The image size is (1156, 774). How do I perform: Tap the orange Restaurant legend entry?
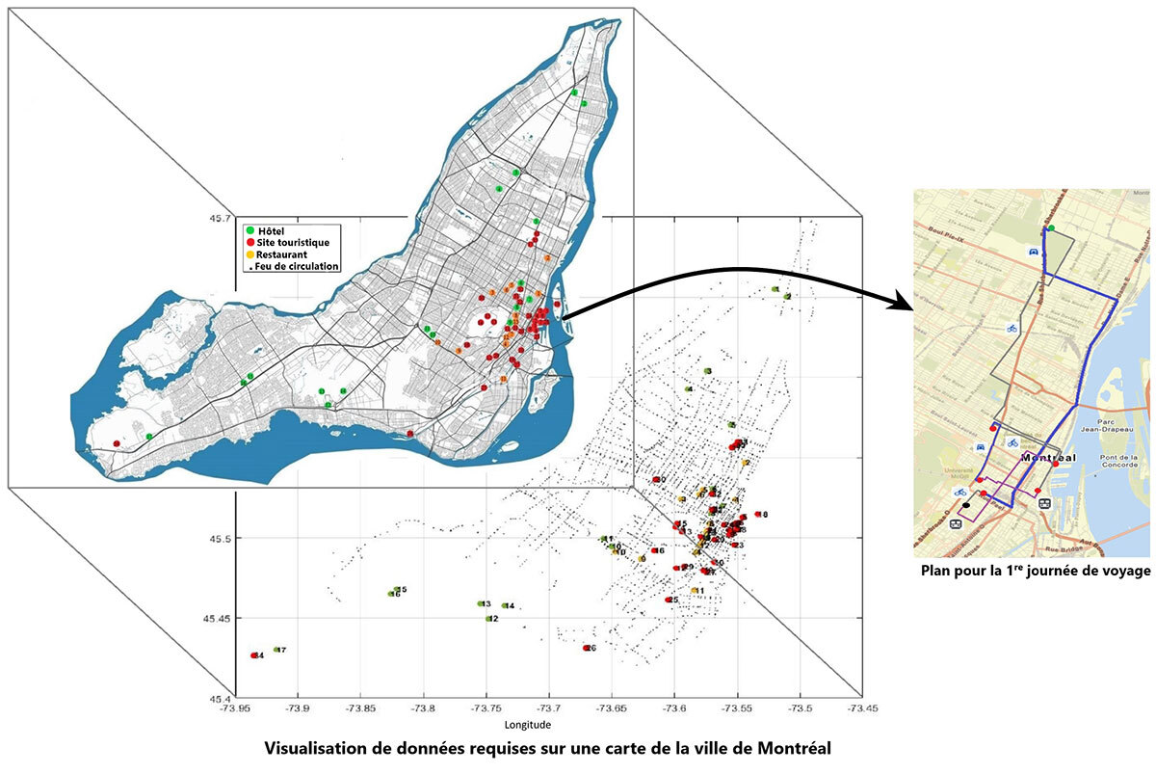click(283, 254)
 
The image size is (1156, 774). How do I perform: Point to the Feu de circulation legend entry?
click(294, 266)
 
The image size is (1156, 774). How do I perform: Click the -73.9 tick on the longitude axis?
click(299, 708)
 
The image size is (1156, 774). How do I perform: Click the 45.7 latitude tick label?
click(221, 218)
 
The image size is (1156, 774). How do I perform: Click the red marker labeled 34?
click(254, 655)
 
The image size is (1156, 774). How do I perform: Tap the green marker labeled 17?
click(276, 650)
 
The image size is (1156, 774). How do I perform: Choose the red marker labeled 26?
click(586, 648)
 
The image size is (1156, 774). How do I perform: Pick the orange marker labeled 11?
click(694, 591)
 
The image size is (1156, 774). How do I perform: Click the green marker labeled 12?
click(488, 619)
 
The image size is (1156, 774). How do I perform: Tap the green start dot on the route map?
click(1051, 228)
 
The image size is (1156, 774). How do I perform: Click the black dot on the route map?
click(965, 504)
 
